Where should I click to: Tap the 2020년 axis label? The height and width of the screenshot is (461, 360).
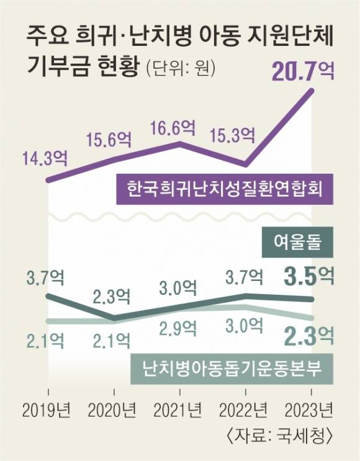[113, 411]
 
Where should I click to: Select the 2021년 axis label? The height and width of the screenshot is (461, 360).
[179, 411]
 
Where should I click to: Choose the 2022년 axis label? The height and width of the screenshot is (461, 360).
[246, 411]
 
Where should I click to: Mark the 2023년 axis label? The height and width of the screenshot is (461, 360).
[311, 411]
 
